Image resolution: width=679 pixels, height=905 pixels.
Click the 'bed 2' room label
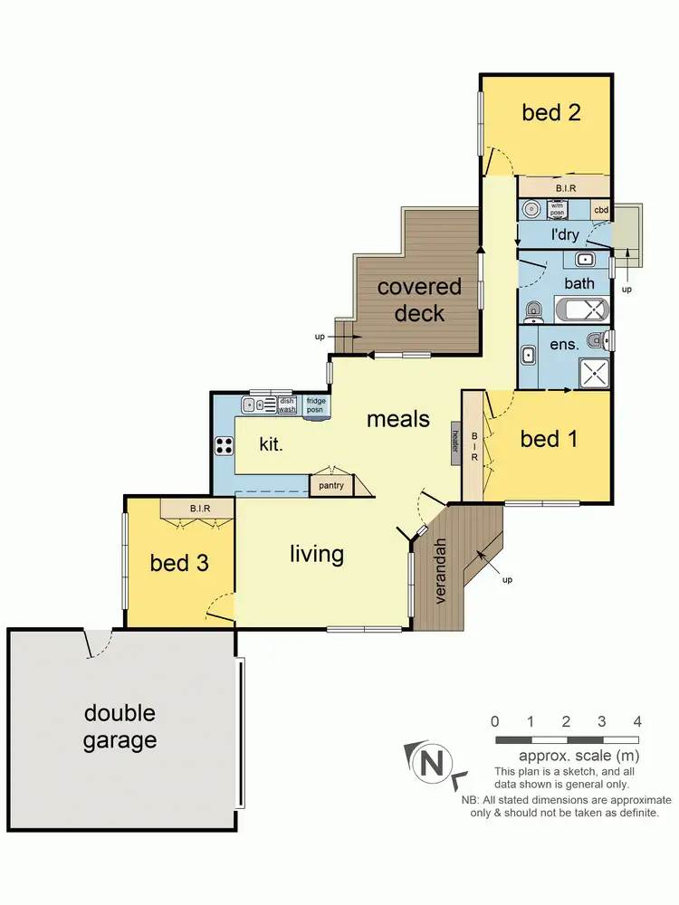click(550, 113)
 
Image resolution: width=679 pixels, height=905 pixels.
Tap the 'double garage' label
click(120, 728)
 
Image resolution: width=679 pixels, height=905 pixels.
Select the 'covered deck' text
click(419, 300)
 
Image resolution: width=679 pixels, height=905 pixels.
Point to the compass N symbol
click(432, 764)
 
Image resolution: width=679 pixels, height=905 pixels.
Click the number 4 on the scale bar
click(637, 722)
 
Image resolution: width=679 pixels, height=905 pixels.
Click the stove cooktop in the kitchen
click(223, 445)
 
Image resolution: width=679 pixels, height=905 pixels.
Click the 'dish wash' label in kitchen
click(287, 405)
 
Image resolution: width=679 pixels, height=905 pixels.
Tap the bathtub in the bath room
click(579, 310)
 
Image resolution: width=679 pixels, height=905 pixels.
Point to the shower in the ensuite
click(594, 373)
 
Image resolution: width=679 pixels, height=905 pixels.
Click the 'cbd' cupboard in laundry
click(601, 211)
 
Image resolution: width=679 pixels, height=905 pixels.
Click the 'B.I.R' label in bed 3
click(200, 509)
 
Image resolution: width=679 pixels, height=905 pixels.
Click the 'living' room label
click(317, 553)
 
